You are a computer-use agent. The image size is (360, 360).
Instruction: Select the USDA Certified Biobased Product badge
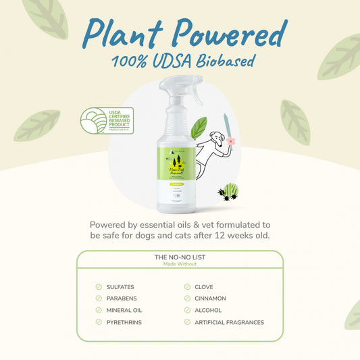(107, 120)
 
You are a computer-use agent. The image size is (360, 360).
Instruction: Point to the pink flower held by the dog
(231, 141)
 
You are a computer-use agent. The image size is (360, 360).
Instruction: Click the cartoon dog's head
(216, 138)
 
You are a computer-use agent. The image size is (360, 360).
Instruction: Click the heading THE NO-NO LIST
(180, 257)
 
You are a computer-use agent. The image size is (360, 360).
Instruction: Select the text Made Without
(180, 264)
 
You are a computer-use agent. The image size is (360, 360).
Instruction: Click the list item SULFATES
(120, 287)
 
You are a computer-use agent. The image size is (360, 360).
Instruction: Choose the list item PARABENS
(121, 299)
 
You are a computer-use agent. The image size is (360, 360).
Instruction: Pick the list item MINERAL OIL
(124, 311)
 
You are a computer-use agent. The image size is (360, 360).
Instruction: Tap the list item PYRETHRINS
(124, 322)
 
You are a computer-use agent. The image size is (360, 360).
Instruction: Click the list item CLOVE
(204, 287)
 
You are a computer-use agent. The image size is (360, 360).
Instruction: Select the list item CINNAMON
(210, 299)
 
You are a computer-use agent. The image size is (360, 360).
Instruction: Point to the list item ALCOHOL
(208, 311)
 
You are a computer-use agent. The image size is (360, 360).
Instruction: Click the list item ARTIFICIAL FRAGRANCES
(229, 322)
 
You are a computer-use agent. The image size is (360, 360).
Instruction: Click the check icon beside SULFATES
(99, 287)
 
